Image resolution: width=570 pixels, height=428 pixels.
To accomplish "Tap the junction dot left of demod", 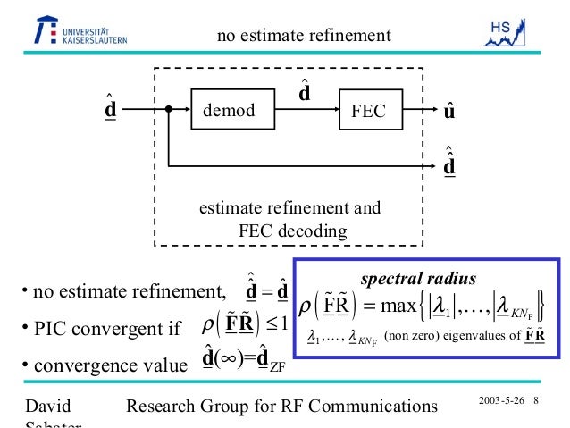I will (x=168, y=112).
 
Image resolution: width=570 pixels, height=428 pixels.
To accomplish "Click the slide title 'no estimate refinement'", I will (x=305, y=36).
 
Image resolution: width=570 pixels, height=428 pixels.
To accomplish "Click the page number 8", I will (x=536, y=399).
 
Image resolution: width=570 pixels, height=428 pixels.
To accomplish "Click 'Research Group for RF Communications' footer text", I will (x=283, y=407).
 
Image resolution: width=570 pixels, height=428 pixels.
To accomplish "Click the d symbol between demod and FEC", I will (x=305, y=91).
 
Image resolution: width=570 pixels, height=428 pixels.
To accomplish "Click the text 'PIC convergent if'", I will (x=99, y=328).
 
